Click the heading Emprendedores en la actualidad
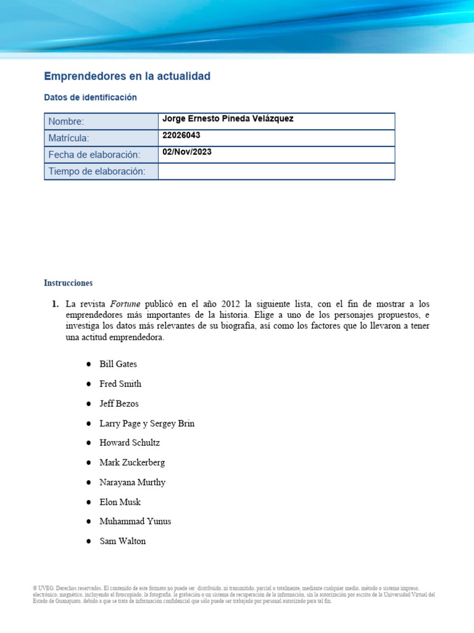coord(127,76)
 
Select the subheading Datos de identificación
coord(90,98)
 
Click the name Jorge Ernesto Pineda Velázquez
coord(227,119)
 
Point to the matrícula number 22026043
coord(181,135)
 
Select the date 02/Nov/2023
coord(186,152)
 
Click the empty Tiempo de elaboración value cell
coord(276,171)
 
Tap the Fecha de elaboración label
coord(94,155)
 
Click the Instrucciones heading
coord(68,283)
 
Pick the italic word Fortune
coord(125,304)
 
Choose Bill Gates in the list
coord(118,364)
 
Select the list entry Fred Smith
coord(120,384)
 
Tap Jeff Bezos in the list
coord(119,404)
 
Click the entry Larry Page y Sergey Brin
coord(147,423)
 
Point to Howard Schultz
coord(129,443)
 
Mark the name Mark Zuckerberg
coord(132,462)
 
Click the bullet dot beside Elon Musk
coord(89,502)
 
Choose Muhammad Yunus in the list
coord(135,521)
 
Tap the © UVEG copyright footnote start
coord(43,588)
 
